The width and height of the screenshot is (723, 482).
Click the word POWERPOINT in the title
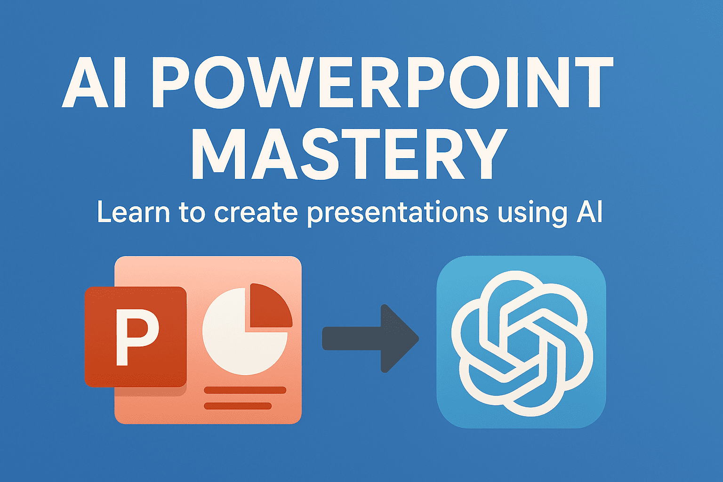[383, 82]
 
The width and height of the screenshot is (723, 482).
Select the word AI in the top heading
[94, 83]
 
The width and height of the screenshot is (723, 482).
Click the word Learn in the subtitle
[133, 212]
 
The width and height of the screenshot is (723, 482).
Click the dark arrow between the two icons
[370, 338]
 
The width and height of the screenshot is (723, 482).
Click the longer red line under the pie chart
[245, 390]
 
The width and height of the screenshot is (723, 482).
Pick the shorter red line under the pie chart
[238, 406]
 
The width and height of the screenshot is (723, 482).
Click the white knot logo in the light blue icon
[522, 344]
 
